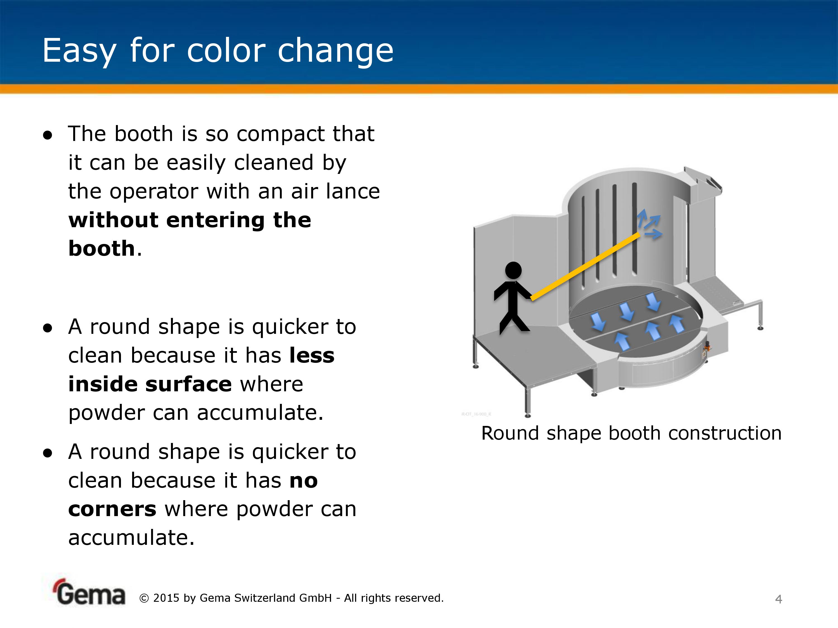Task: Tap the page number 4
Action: pyautogui.click(x=779, y=599)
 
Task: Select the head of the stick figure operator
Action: pyautogui.click(x=513, y=270)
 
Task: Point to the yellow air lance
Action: pyautogui.click(x=585, y=267)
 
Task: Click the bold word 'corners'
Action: pyautogui.click(x=112, y=509)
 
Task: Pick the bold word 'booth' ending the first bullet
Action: pyautogui.click(x=101, y=248)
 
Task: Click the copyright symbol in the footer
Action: pyautogui.click(x=144, y=598)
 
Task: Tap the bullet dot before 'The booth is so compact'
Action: pyautogui.click(x=47, y=135)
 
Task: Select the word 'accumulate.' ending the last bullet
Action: pyautogui.click(x=132, y=538)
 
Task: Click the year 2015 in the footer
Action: pyautogui.click(x=166, y=598)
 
